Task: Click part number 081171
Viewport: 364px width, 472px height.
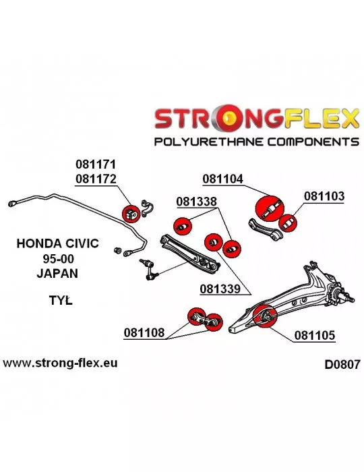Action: (x=95, y=165)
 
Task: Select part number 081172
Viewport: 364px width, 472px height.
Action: (x=95, y=179)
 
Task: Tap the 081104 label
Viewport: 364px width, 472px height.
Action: (x=222, y=179)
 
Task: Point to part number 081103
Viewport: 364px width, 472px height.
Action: (x=324, y=196)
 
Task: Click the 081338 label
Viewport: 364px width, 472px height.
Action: (x=196, y=202)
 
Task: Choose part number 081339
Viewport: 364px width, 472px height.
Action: (x=220, y=289)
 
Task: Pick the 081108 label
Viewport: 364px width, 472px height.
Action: (x=144, y=332)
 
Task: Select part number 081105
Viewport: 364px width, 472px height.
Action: (x=315, y=335)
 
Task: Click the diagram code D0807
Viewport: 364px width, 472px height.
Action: (x=342, y=365)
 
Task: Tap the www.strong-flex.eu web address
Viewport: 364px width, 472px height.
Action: (x=60, y=363)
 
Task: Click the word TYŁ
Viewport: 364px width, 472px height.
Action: (x=61, y=300)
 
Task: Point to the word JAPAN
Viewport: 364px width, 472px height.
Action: (x=57, y=273)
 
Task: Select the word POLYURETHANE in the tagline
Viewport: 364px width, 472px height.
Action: (x=209, y=142)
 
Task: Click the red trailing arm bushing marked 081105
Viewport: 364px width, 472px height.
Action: (x=265, y=316)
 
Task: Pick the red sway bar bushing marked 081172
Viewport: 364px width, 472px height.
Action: (x=131, y=213)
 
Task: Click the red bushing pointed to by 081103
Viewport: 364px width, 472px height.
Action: (x=288, y=223)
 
